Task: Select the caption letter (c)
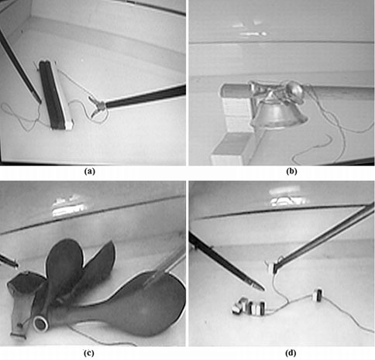(93, 354)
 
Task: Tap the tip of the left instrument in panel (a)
(37, 98)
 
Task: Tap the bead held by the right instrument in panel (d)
(273, 266)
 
